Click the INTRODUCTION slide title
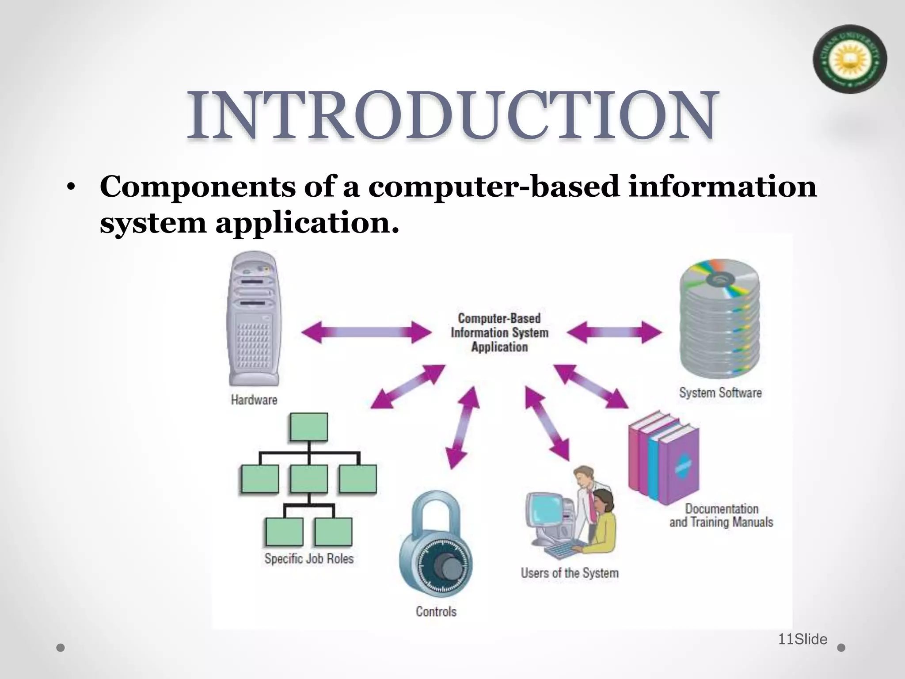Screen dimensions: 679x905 [x=452, y=116]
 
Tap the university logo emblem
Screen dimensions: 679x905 [x=849, y=59]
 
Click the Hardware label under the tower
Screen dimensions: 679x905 [x=254, y=400]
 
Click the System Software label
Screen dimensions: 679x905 [x=720, y=393]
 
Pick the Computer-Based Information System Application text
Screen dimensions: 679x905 [x=499, y=332]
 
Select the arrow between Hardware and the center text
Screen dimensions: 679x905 [x=366, y=332]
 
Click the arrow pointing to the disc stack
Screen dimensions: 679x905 [x=614, y=332]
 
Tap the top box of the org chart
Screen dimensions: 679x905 [x=309, y=427]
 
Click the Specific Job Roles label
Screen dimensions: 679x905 [x=309, y=559]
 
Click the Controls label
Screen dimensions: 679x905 [x=436, y=612]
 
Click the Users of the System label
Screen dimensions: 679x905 [x=570, y=573]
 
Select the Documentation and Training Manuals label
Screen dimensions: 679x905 [x=721, y=515]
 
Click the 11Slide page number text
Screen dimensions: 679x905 [x=802, y=639]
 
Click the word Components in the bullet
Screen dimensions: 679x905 [x=198, y=187]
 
